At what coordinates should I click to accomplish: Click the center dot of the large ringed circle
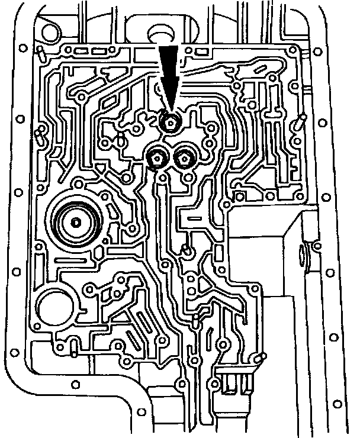click(x=75, y=222)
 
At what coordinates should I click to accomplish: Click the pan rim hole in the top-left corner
click(x=22, y=48)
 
